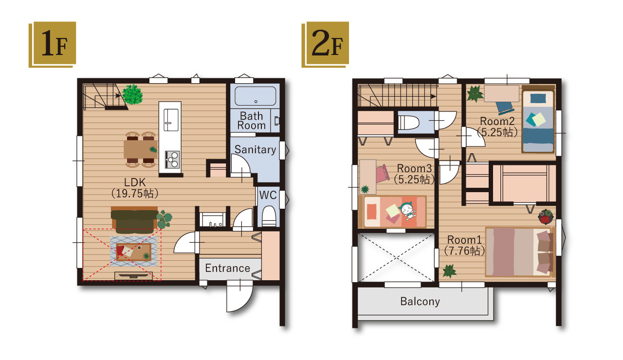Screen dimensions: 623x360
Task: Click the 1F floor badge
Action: pos(52,44)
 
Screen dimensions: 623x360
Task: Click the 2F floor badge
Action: pos(326,44)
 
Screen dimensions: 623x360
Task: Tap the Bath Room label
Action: pos(252,121)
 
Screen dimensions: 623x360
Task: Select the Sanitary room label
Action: pos(256,149)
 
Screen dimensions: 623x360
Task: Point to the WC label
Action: pos(268,195)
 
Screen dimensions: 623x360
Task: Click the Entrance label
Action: pos(227,268)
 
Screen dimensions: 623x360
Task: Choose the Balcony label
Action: pos(420,301)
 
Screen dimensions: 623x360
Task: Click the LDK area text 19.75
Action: pos(135,194)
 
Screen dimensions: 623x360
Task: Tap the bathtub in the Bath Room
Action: pos(256,96)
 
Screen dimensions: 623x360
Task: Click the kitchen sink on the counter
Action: pos(171,120)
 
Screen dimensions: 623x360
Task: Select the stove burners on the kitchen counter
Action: pos(172,160)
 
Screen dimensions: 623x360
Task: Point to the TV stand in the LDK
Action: pos(133,276)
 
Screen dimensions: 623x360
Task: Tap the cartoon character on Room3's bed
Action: pos(407,211)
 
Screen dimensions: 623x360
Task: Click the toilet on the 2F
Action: pos(408,123)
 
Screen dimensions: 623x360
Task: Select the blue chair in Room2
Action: pos(505,108)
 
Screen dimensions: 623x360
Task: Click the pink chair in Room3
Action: pos(382,174)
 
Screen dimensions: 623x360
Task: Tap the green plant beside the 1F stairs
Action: pos(132,94)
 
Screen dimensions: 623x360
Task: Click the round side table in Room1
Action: pos(546,217)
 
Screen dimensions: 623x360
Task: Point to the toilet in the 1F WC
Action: pos(269,216)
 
